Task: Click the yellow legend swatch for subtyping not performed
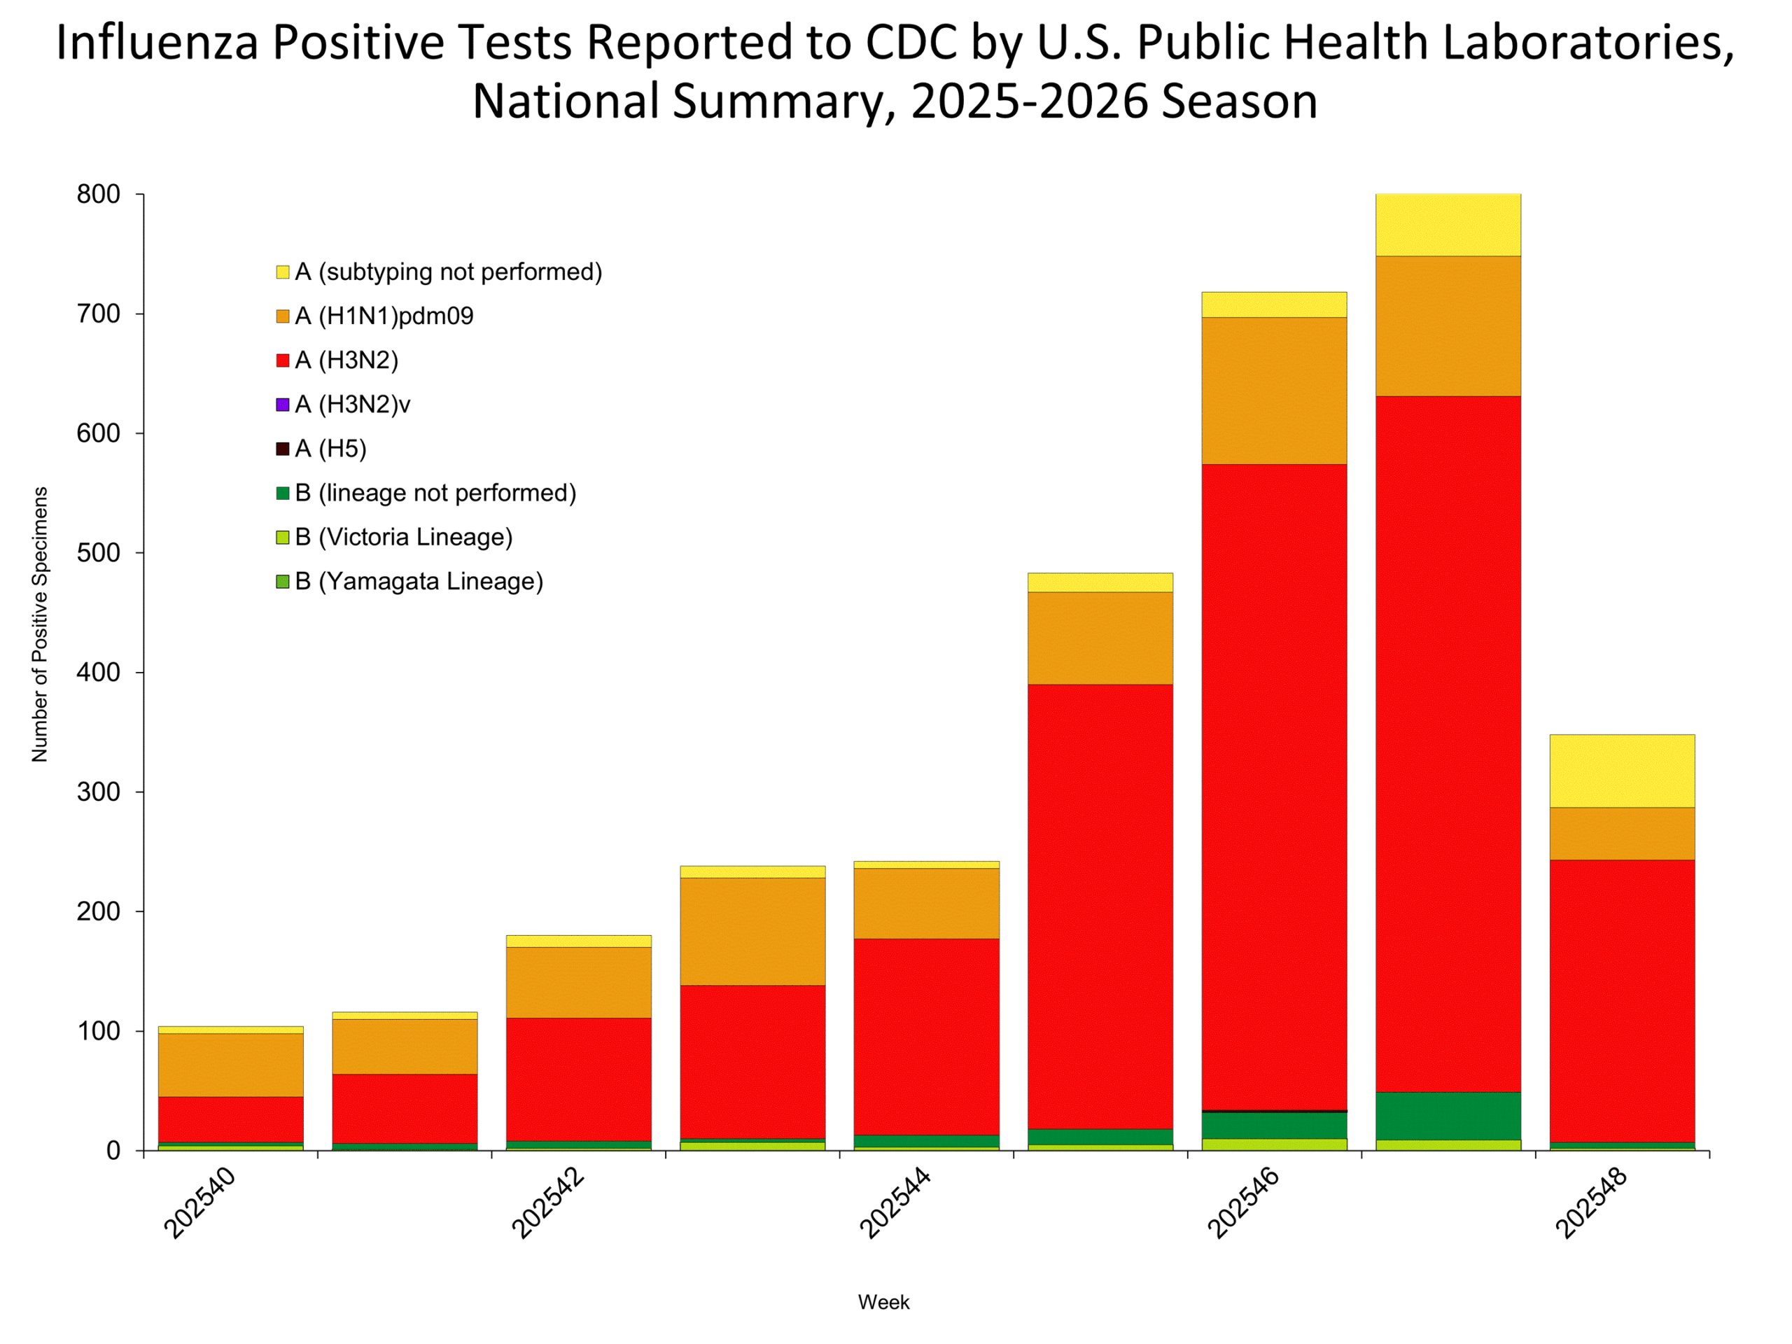[283, 272]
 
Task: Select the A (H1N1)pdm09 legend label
[384, 316]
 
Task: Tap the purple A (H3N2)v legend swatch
[283, 405]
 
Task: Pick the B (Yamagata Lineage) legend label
[419, 582]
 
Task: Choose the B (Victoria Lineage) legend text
[403, 537]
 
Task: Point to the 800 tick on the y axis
[99, 195]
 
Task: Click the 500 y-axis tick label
[99, 553]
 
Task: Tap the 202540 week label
[200, 1203]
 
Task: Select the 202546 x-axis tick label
[1243, 1203]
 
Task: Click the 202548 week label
[1591, 1203]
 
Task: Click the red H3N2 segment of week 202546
[1274, 786]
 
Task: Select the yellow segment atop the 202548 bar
[1622, 771]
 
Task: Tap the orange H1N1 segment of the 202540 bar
[231, 1065]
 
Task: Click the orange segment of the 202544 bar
[927, 903]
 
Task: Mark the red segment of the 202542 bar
[578, 1079]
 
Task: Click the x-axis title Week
[884, 1302]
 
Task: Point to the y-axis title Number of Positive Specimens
[40, 624]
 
